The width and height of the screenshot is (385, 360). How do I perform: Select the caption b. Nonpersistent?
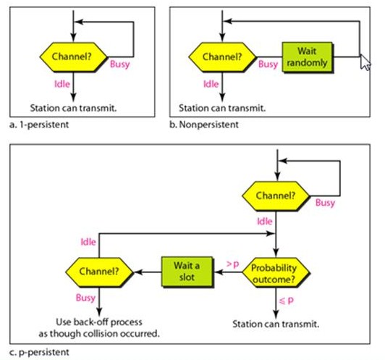(207, 125)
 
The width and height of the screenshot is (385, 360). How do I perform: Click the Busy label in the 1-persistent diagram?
(120, 64)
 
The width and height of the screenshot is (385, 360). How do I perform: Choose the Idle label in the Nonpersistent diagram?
(211, 84)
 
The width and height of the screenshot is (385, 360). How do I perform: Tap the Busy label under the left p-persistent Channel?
(85, 298)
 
